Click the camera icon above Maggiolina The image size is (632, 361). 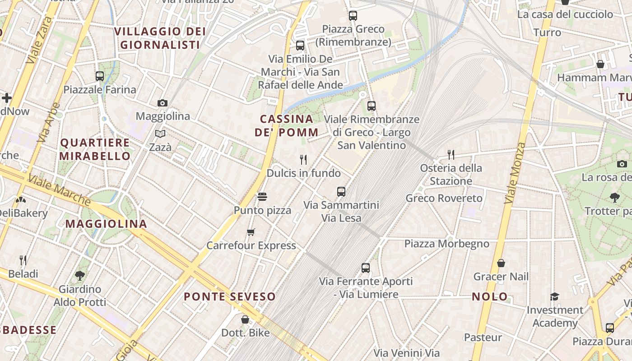[x=163, y=103]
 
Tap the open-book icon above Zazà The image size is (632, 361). [x=160, y=134]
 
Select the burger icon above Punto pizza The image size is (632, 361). [x=262, y=197]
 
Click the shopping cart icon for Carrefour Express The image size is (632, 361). [x=251, y=232]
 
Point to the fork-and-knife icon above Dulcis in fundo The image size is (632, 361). [x=303, y=159]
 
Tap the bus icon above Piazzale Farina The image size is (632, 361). [x=100, y=76]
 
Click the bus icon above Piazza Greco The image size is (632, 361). [x=353, y=16]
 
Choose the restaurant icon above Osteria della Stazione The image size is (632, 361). [x=451, y=155]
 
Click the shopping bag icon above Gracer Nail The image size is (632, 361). [x=501, y=263]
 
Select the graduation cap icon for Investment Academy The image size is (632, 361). [x=554, y=296]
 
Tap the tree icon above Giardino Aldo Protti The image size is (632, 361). [x=80, y=275]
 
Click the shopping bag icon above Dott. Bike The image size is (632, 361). [x=245, y=319]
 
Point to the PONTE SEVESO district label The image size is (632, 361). [x=230, y=296]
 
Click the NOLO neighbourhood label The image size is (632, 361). [x=490, y=297]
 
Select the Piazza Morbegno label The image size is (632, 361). [x=446, y=244]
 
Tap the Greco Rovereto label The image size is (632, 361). [x=444, y=198]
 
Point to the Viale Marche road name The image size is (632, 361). [x=59, y=189]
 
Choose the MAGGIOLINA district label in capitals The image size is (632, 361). [x=107, y=224]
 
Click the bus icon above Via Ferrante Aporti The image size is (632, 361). [x=366, y=268]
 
